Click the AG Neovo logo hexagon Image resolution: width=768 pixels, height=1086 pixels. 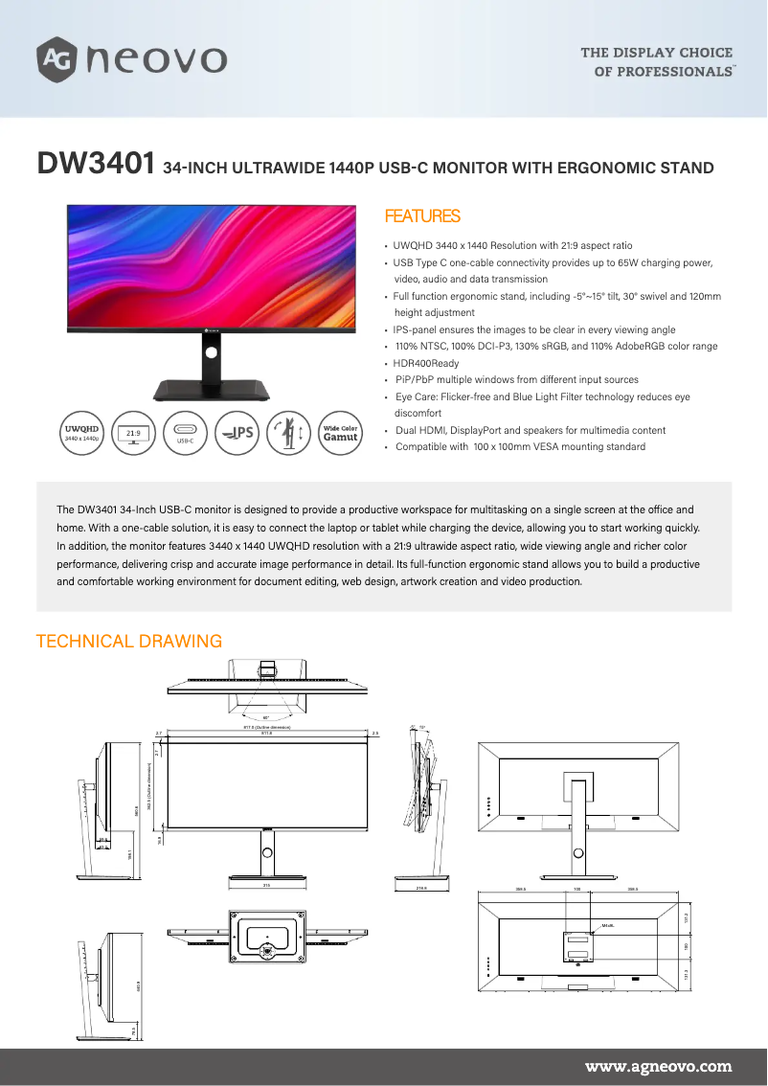pyautogui.click(x=56, y=59)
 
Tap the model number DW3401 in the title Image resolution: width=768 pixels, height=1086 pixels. pyautogui.click(x=95, y=165)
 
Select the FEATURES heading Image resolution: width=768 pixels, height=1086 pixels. pyautogui.click(x=421, y=216)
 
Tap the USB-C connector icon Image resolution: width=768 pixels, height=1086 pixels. pyautogui.click(x=186, y=433)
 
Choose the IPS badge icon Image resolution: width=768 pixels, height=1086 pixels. pyautogui.click(x=237, y=433)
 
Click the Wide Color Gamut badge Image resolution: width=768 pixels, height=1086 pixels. pyautogui.click(x=340, y=433)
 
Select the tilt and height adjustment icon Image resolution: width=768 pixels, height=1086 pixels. pyautogui.click(x=288, y=433)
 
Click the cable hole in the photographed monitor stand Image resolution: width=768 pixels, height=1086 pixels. pyautogui.click(x=212, y=351)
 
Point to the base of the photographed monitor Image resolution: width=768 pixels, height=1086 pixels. pyautogui.click(x=212, y=390)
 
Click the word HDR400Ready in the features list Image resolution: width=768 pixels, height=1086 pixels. pyautogui.click(x=426, y=363)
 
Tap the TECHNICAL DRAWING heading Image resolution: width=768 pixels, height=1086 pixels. pyautogui.click(x=128, y=642)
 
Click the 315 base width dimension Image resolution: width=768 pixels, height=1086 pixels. pyautogui.click(x=266, y=886)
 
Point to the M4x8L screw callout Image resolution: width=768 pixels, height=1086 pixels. pyautogui.click(x=606, y=925)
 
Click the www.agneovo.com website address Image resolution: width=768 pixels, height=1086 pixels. pyautogui.click(x=658, y=1066)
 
